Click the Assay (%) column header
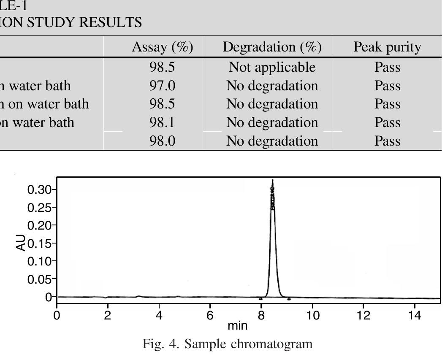coord(163,47)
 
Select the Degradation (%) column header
coord(272,47)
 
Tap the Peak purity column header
coord(387,47)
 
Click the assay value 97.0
coord(162,86)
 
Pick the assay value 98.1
coord(162,122)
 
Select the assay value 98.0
coord(162,141)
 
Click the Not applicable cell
coord(272,67)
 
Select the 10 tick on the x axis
coord(312,316)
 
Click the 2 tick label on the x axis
coord(108,316)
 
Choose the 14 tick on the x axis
coord(415,316)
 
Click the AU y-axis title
coord(21,243)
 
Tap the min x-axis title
coord(237,326)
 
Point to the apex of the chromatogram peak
coord(272,181)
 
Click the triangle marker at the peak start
coord(261,298)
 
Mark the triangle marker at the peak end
coord(289,299)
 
